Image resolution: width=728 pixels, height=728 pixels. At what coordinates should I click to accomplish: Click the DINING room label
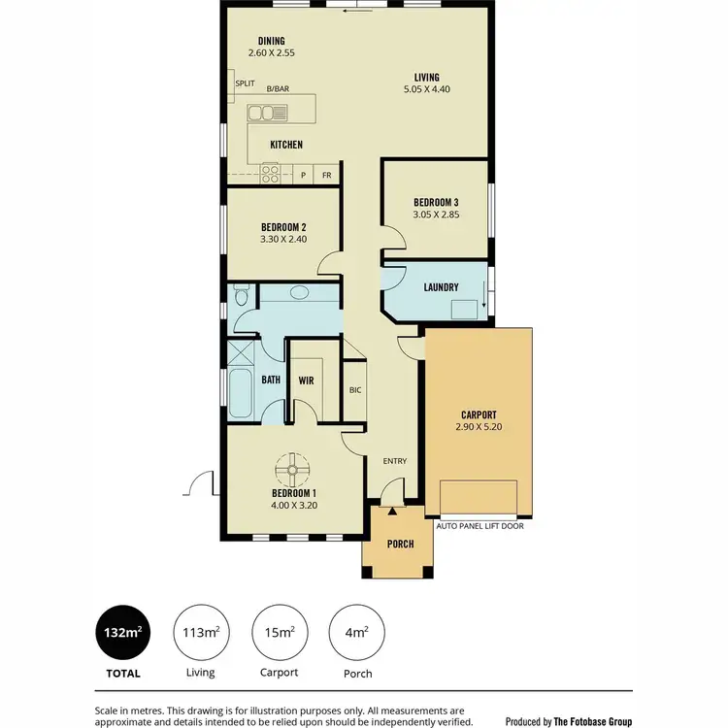[271, 41]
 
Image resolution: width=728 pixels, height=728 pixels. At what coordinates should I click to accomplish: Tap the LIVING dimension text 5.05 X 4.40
[427, 89]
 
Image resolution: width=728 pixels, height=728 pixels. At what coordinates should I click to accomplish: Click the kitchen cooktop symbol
[270, 175]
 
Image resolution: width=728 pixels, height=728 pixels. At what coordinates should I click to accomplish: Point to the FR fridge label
[327, 175]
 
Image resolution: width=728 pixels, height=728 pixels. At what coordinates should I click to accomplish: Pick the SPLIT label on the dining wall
[245, 84]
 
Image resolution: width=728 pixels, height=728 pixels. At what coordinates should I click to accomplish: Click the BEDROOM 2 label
[283, 226]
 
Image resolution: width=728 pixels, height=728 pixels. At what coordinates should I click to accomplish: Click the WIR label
[305, 380]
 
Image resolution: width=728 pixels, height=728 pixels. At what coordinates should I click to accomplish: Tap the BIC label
[355, 390]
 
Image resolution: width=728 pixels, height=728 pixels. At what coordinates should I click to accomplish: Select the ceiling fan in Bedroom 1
[290, 472]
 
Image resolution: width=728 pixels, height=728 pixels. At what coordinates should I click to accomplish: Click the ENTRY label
[395, 461]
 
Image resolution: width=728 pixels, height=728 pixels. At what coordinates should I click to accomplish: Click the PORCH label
[400, 544]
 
